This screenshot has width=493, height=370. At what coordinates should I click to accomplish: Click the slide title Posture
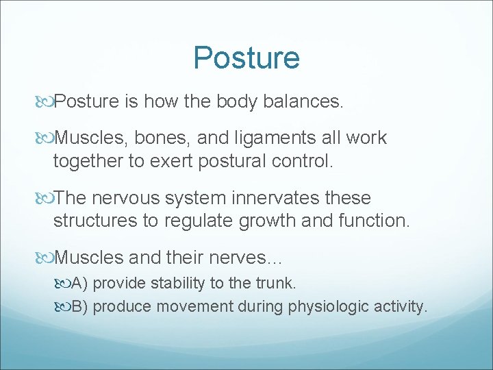pos(246,58)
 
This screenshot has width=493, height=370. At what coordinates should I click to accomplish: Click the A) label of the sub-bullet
pos(80,283)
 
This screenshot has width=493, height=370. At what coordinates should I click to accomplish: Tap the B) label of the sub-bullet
pos(80,306)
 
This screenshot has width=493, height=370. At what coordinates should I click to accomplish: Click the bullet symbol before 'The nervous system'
pos(47,199)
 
